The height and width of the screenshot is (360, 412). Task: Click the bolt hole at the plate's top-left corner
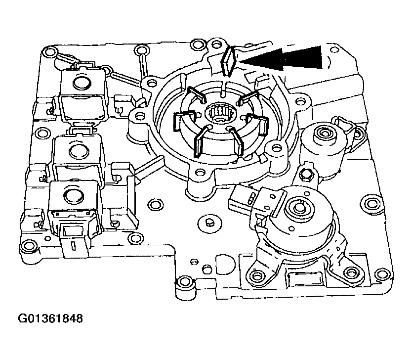(x=48, y=51)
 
